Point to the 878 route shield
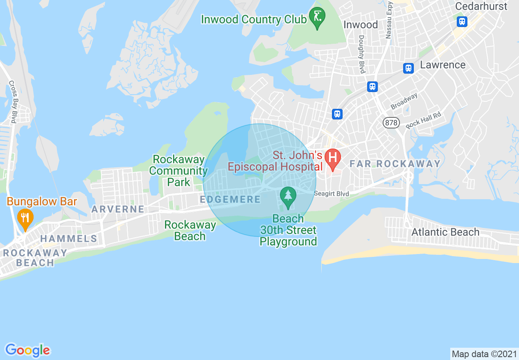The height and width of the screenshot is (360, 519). (x=391, y=122)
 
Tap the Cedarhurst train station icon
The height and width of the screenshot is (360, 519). (x=462, y=21)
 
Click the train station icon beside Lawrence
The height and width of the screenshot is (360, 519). (x=408, y=68)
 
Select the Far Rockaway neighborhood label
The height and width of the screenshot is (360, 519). (x=395, y=164)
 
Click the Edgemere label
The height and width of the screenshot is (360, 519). (x=230, y=199)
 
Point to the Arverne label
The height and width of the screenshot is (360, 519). (x=117, y=209)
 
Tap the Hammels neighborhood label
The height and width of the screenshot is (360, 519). (x=69, y=239)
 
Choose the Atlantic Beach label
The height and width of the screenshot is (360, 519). (x=445, y=232)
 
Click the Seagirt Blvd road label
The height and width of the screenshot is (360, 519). (x=332, y=193)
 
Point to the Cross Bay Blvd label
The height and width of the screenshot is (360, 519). (x=13, y=101)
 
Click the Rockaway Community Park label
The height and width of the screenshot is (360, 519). (x=178, y=171)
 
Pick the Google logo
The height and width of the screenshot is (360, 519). (x=28, y=350)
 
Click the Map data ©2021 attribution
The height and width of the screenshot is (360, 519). (x=484, y=353)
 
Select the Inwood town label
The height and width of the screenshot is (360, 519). (x=361, y=25)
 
